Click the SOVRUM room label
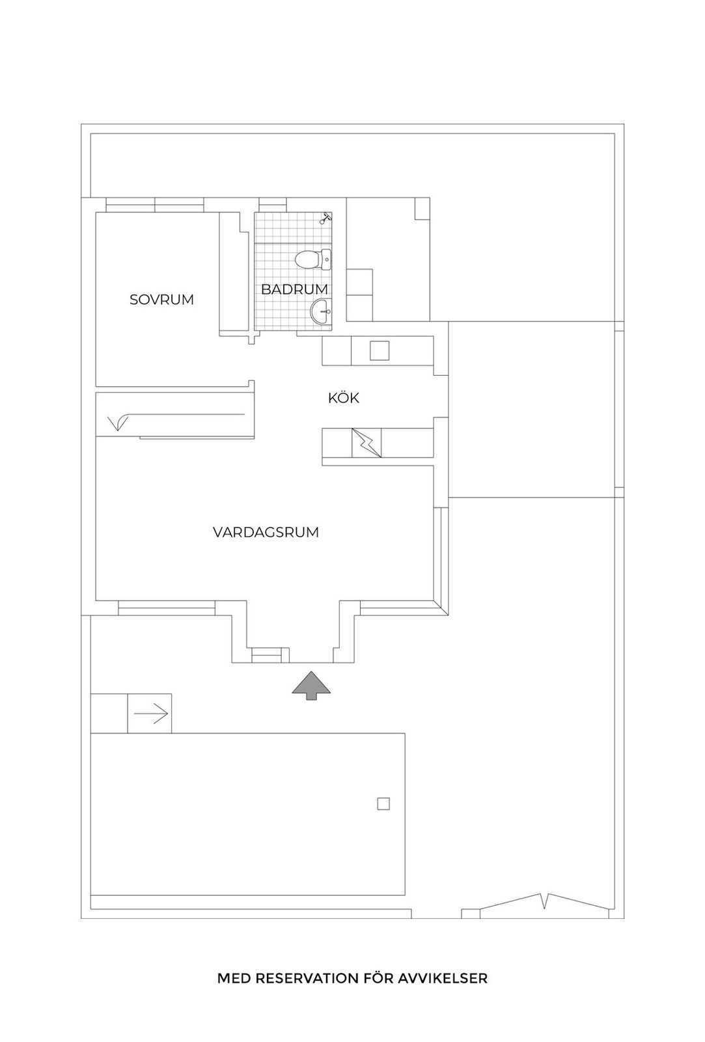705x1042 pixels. click(161, 300)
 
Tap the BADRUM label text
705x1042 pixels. click(294, 289)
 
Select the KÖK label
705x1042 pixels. click(344, 398)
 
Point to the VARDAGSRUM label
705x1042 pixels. click(266, 532)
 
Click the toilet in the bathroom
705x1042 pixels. click(314, 259)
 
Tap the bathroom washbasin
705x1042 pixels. click(321, 311)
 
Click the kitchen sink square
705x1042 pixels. click(380, 351)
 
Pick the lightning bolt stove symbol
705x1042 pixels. click(366, 442)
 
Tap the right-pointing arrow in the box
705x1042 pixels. click(150, 712)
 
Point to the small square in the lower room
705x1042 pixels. click(383, 804)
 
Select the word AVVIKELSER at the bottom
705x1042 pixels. click(442, 978)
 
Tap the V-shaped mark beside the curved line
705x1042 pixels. click(118, 423)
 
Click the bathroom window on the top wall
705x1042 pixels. click(273, 204)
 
